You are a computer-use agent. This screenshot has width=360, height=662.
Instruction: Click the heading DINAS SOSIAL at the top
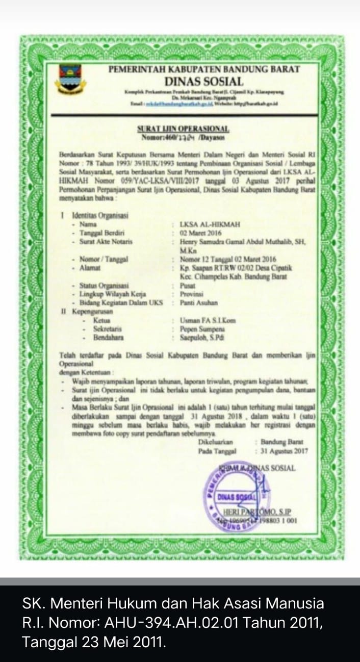pyautogui.click(x=203, y=81)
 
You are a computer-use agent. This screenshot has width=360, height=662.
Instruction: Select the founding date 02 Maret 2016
pyautogui.click(x=202, y=232)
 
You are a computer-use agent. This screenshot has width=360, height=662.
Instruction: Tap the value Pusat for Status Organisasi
pyautogui.click(x=187, y=286)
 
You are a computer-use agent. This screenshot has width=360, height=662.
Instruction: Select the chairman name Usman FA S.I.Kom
pyautogui.click(x=208, y=321)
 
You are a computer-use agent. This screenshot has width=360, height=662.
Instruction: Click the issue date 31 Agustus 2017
pyautogui.click(x=284, y=451)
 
